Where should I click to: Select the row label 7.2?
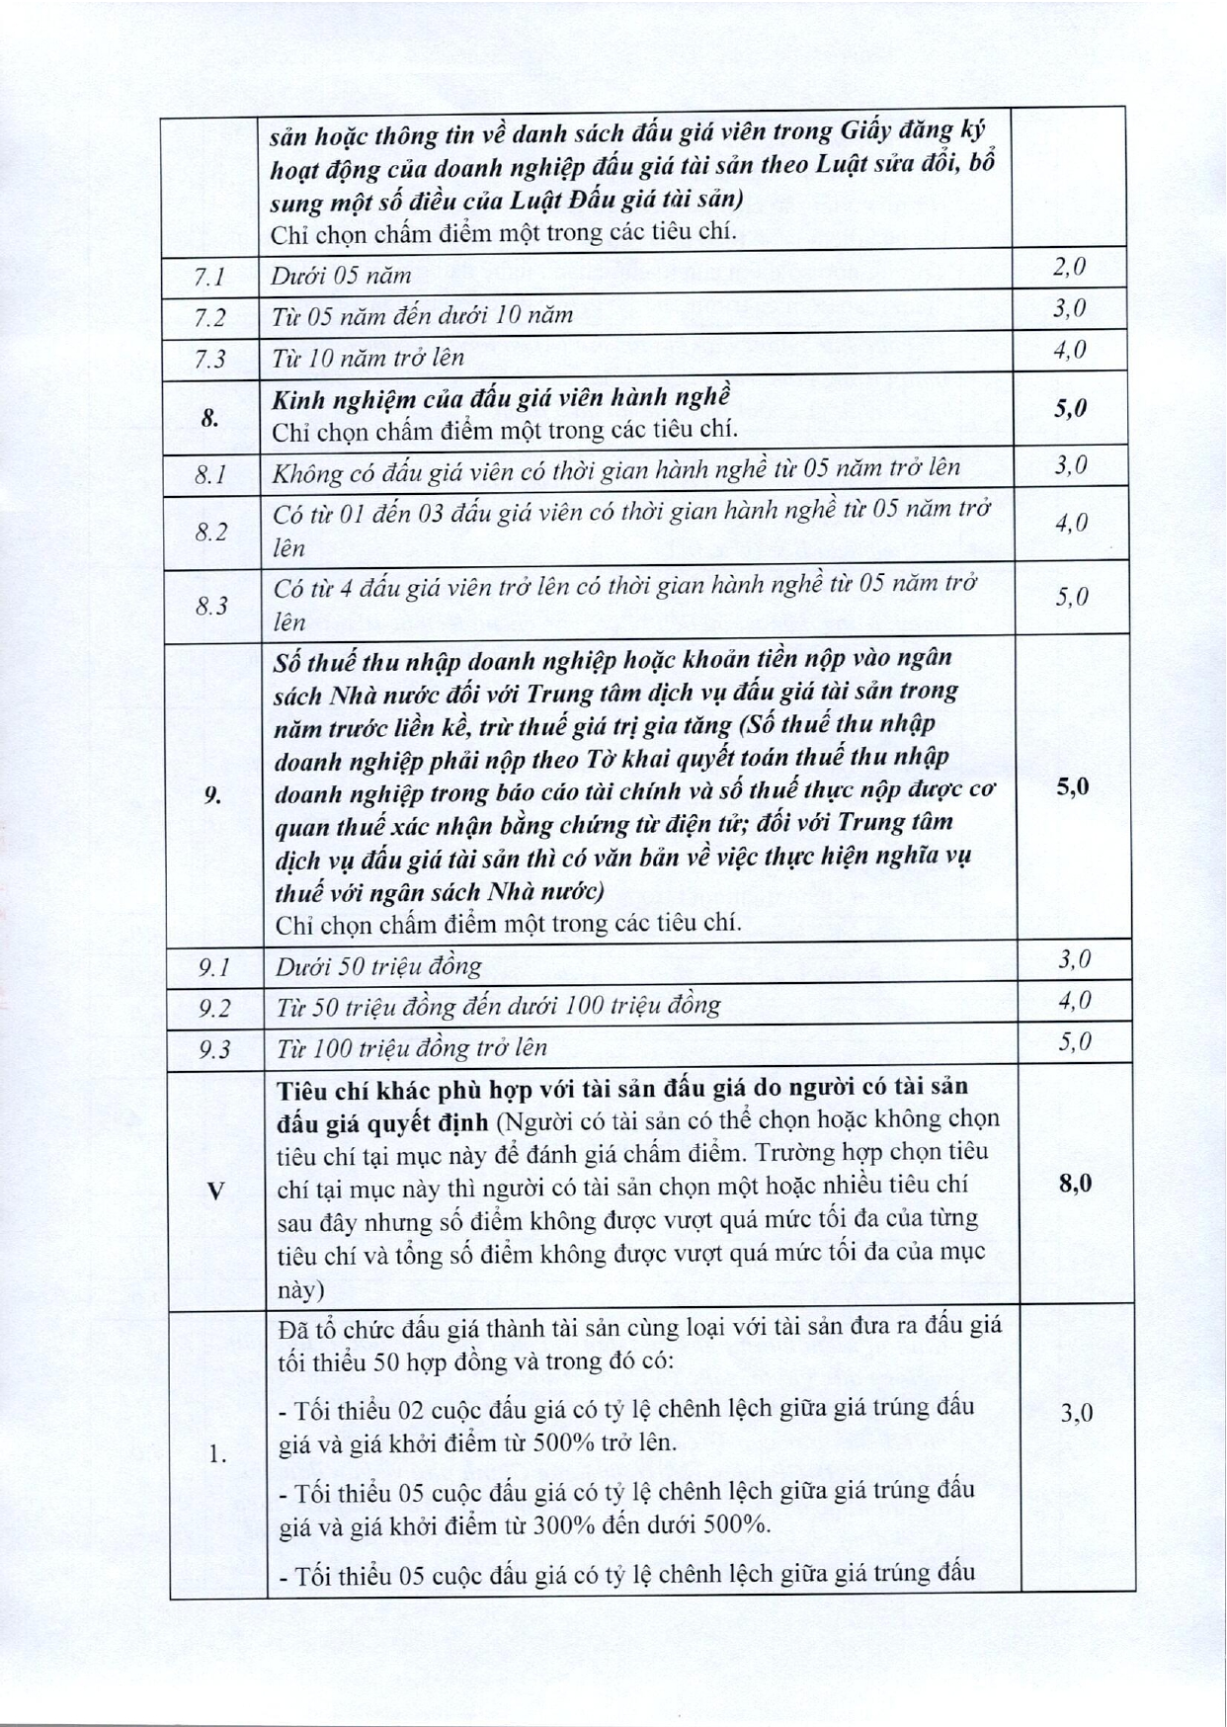209,317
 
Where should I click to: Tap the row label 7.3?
209,358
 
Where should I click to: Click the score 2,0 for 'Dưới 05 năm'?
1069,266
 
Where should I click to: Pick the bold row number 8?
209,417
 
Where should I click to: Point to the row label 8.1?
210,475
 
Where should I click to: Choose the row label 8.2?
210,533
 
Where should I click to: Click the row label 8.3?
211,605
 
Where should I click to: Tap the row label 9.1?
213,967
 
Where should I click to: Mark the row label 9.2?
213,1008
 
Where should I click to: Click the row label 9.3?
213,1049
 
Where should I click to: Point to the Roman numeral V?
215,1192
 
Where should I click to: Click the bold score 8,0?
1075,1183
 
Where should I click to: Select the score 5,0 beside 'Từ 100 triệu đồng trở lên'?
1074,1041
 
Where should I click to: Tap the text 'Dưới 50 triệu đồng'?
378,966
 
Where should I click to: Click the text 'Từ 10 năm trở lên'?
368,357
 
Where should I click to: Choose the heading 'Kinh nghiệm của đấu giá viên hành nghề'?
501,398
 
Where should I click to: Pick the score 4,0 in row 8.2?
1071,523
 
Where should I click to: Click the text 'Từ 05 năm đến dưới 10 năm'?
422,315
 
